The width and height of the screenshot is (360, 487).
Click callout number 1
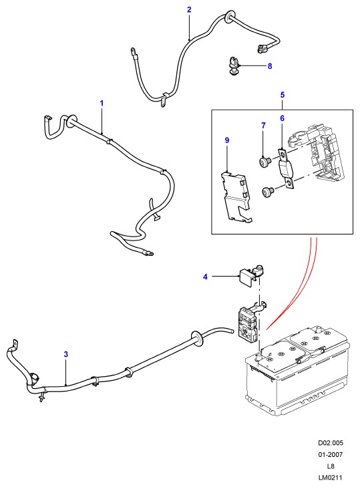pos(102,103)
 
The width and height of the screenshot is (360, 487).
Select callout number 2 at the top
pos(189,9)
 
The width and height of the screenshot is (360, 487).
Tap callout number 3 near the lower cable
pos(66,354)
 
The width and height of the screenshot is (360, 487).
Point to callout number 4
pos(205,277)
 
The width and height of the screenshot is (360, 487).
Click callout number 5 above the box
pos(283,95)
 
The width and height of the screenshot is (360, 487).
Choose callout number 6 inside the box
pos(282,118)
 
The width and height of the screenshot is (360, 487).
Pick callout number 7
pos(263,126)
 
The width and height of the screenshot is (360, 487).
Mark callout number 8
pos(270,66)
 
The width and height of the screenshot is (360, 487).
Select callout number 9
pos(227,140)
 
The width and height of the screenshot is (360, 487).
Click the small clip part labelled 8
pos(233,65)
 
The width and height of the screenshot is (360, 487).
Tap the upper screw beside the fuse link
pos(265,161)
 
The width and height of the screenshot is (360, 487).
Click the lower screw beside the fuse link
pos(268,192)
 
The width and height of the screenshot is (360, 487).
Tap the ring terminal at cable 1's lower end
pos(149,253)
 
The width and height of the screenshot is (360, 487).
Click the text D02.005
pos(331,443)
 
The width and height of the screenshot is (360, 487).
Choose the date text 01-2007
pos(331,455)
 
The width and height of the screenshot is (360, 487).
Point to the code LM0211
pos(331,478)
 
